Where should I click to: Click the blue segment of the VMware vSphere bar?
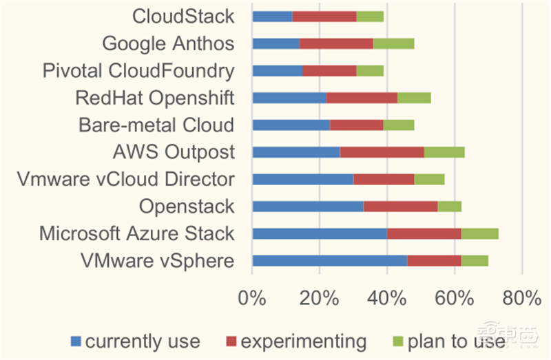(329, 260)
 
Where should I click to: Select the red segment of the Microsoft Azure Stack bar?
(424, 233)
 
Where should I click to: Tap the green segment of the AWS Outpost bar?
(444, 152)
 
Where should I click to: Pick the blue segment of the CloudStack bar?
(272, 17)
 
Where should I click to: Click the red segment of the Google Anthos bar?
(336, 43)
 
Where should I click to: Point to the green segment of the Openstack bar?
(449, 206)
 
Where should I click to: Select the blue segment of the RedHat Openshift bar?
(289, 98)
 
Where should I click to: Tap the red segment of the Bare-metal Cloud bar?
(356, 125)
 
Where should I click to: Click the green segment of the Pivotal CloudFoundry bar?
(370, 71)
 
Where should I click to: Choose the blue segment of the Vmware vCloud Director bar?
(302, 179)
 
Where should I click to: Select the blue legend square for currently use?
(76, 341)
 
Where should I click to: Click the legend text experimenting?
(303, 341)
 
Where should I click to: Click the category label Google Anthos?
(168, 44)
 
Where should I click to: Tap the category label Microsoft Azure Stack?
(136, 233)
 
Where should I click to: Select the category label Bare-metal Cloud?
(156, 125)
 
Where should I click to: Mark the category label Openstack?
(187, 207)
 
